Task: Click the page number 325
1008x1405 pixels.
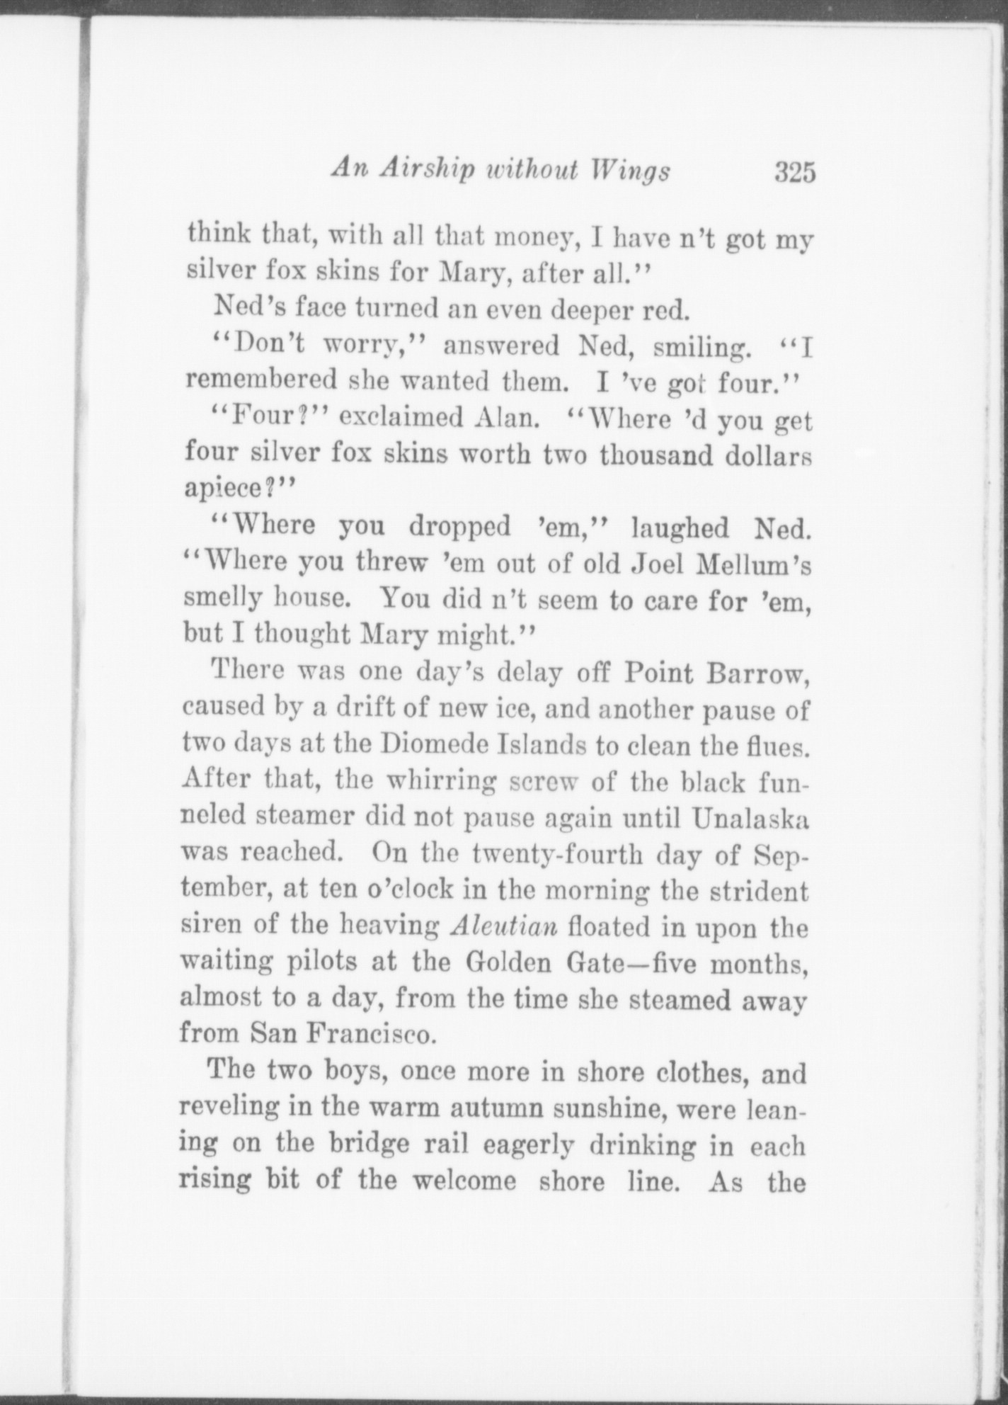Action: click(795, 172)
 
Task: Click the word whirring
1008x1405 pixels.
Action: click(434, 781)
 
